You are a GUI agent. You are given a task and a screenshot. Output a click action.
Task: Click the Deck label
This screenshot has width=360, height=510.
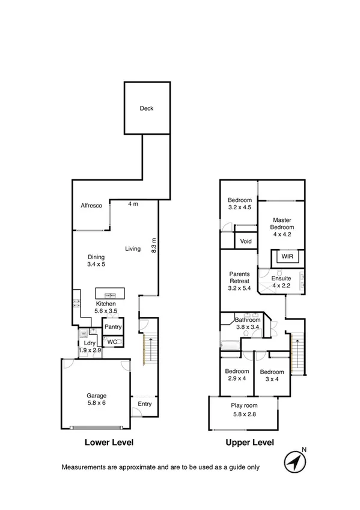147,109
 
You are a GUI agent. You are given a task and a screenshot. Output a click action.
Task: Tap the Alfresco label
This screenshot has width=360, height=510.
91,206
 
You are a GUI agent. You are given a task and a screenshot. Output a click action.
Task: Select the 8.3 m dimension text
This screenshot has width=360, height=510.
154,245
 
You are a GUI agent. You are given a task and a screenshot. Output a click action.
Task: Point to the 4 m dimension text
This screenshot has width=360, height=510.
133,204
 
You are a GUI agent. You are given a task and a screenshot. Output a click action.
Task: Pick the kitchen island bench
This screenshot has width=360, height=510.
110,295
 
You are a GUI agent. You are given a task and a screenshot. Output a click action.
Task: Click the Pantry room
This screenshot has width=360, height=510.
113,327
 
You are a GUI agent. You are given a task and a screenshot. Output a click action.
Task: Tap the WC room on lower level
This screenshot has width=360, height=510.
113,342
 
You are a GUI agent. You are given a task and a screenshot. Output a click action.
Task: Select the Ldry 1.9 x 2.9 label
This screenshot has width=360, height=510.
90,346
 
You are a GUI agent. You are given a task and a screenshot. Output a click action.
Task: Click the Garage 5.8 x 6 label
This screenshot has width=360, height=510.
96,399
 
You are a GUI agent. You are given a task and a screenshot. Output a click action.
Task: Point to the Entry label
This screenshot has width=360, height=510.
144,404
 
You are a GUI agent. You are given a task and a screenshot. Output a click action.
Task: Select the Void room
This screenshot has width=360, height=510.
246,241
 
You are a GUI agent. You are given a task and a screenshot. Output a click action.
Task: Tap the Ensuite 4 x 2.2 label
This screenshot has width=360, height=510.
281,282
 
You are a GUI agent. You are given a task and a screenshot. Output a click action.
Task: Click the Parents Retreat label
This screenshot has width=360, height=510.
240,280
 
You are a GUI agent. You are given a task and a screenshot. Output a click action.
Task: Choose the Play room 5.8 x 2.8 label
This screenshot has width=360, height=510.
244,409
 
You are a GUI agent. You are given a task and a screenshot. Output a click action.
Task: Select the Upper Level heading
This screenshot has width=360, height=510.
249,442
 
